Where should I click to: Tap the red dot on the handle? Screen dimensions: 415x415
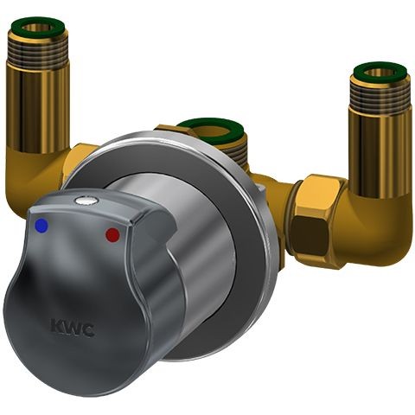click(112, 234)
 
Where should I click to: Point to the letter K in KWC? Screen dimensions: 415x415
click(54, 325)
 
